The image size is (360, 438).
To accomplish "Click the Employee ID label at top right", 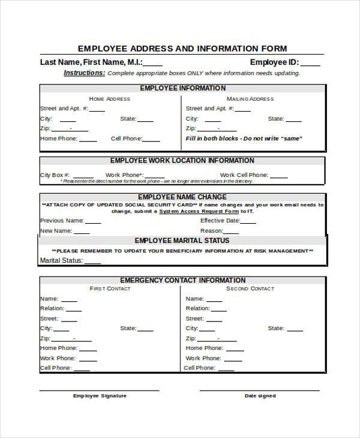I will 274,62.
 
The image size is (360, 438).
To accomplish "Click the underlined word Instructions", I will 84,73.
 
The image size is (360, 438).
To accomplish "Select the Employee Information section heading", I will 183,88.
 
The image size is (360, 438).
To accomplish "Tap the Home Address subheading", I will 109,99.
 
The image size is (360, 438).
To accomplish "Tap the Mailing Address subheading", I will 250,99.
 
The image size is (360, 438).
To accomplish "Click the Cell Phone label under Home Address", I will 126,139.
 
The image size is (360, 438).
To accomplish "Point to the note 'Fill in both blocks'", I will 244,139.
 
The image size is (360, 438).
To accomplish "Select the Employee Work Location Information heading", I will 182,161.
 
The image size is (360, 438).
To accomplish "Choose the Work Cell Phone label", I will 244,175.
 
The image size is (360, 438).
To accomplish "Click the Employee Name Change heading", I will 182,197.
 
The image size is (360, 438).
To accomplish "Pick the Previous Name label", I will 61,220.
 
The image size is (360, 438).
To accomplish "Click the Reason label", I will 211,230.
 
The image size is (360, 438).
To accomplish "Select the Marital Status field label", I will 61,260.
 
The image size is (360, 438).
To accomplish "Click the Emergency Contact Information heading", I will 183,280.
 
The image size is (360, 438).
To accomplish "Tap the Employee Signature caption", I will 100,396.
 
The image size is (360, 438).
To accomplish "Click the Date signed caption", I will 260,396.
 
